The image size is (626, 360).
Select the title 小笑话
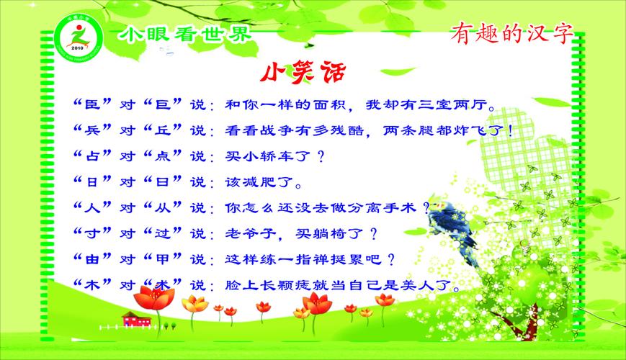pyautogui.click(x=303, y=74)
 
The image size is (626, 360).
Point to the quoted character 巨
pyautogui.click(x=167, y=105)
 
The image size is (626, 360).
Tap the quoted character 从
pyautogui.click(x=167, y=207)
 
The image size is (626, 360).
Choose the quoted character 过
pyautogui.click(x=167, y=233)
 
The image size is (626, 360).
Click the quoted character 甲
pyautogui.click(x=167, y=258)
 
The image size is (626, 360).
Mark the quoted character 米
pyautogui.click(x=167, y=284)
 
